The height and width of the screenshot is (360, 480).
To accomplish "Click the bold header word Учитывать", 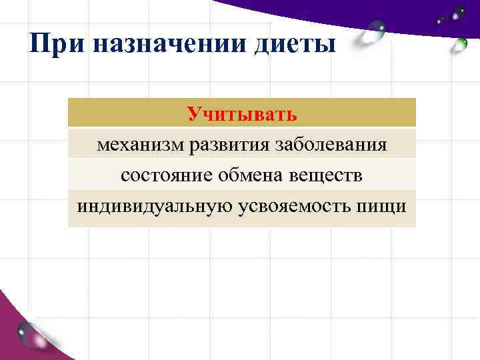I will tap(241, 113).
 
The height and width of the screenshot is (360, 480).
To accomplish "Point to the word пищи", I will tap(383, 205).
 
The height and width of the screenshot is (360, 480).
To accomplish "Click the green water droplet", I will tap(459, 45).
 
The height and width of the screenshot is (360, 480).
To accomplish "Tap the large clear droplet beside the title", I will tap(373, 31).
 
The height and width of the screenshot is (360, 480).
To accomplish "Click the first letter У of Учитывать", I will tap(193, 113).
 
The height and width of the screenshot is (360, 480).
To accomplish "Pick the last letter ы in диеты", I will tap(328, 46).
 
